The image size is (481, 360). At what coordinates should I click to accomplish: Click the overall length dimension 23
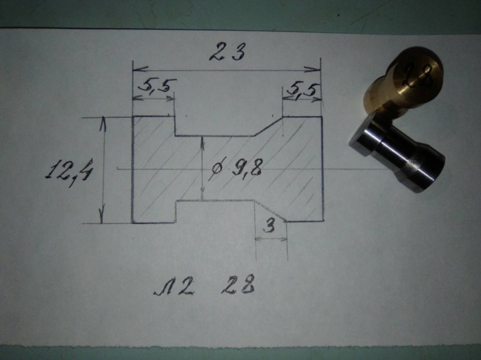click(x=227, y=52)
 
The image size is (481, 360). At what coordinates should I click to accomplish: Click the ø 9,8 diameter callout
click(x=236, y=168)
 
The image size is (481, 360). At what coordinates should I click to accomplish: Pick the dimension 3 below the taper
click(x=270, y=226)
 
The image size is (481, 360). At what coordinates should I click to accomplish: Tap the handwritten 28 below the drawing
click(x=238, y=285)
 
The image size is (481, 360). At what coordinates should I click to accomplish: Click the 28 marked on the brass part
click(x=419, y=74)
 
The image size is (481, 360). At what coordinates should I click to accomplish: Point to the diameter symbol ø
click(x=216, y=168)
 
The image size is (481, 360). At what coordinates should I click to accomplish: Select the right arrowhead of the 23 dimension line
click(x=313, y=70)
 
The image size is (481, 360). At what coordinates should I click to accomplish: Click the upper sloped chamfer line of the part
click(x=267, y=126)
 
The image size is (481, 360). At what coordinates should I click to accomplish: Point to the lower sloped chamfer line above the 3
click(x=270, y=211)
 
